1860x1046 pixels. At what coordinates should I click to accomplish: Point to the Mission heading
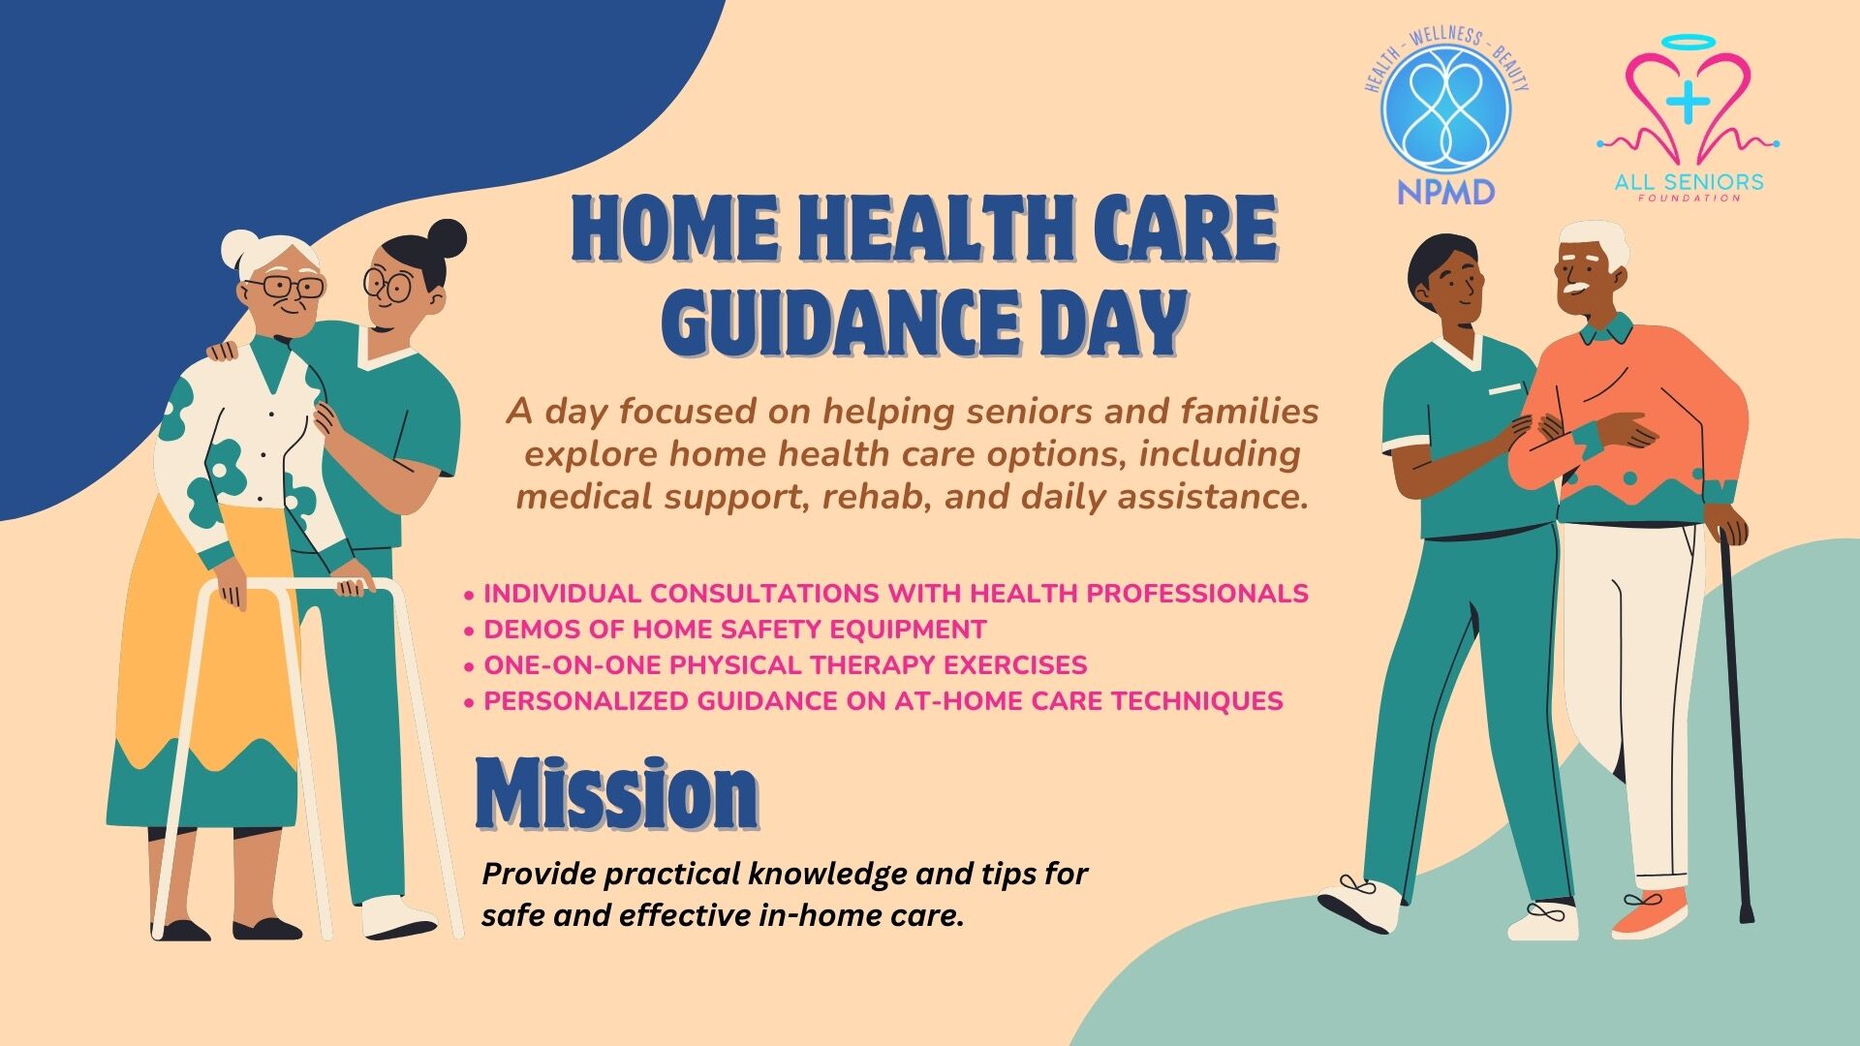617,793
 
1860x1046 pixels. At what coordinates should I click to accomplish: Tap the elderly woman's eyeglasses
284,287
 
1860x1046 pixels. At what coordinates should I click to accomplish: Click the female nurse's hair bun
447,238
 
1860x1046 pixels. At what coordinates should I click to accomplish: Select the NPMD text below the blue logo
1445,191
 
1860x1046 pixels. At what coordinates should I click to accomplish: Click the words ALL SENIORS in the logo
1689,181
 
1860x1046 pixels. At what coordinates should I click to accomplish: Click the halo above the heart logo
1688,45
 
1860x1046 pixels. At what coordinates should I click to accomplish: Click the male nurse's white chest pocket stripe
1504,389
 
